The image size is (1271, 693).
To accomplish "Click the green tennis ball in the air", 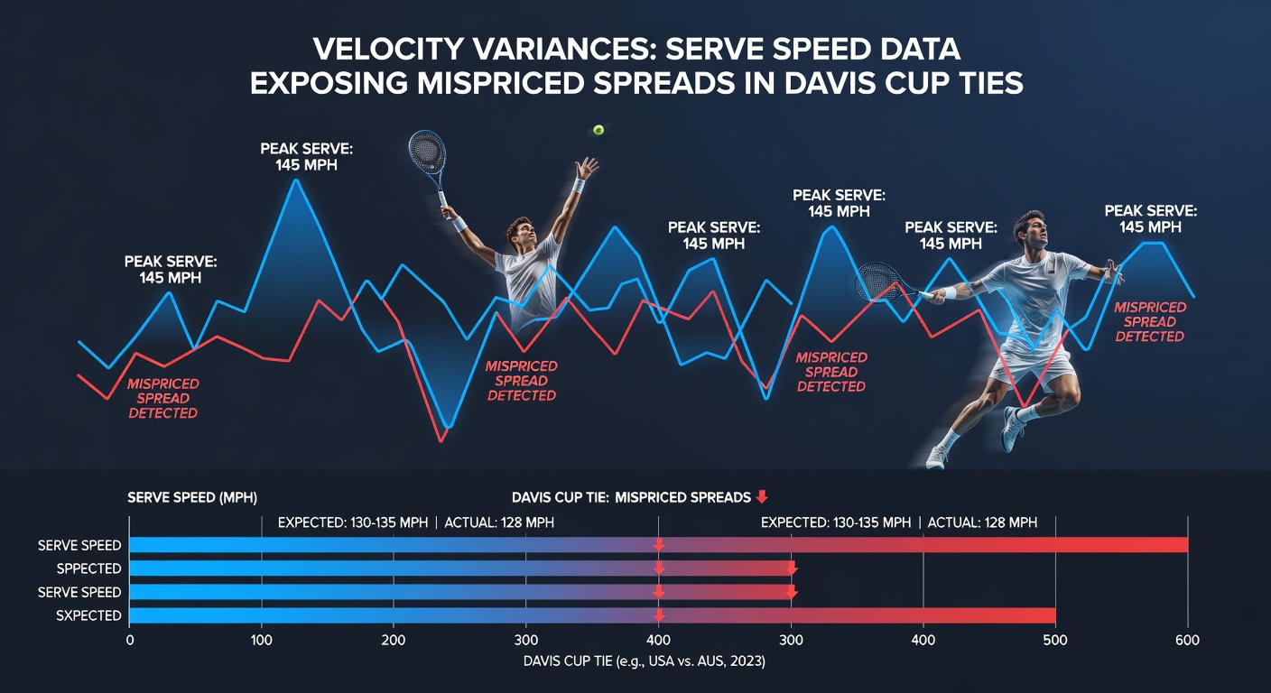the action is (598, 130).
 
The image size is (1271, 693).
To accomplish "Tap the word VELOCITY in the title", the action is (389, 50).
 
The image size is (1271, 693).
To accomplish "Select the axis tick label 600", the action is (1187, 641).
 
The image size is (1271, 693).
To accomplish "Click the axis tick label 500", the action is (1055, 641).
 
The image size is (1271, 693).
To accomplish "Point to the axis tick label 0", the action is (130, 641).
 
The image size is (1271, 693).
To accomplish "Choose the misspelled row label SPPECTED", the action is (88, 568).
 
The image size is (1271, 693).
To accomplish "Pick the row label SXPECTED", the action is (88, 615).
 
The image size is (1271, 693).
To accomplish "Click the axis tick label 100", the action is (261, 641).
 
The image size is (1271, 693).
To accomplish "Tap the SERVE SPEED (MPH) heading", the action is (191, 497).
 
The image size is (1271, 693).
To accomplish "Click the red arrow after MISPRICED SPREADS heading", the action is (762, 497).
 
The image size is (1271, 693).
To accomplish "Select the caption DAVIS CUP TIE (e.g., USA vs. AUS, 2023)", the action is (644, 661).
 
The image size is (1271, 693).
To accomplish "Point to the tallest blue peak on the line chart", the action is (295, 180).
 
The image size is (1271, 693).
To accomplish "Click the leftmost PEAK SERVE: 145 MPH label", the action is (171, 270).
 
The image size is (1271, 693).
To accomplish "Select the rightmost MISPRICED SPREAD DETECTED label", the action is (1149, 321).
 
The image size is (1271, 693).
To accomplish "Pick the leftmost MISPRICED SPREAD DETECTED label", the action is (162, 398).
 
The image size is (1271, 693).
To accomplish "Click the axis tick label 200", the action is (394, 641).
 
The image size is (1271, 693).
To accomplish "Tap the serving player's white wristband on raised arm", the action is (578, 186).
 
